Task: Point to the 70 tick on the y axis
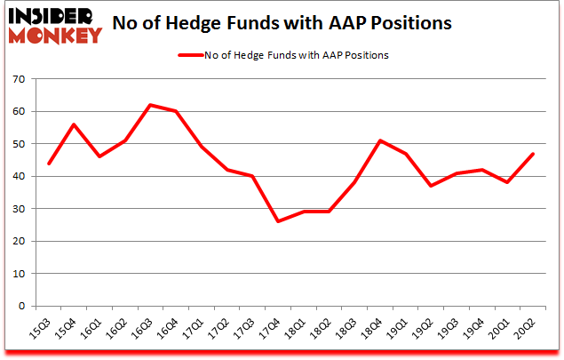20,79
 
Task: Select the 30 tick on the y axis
20,209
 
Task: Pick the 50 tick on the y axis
20,144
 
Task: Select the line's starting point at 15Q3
49,164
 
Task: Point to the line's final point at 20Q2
533,154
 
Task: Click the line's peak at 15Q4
75,124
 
